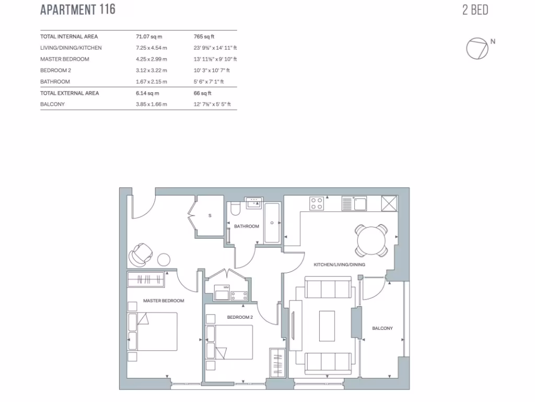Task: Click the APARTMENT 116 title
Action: tap(78, 9)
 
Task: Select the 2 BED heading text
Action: tap(475, 10)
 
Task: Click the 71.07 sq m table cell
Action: tap(149, 37)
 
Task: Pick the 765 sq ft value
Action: tap(204, 37)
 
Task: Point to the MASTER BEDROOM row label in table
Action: tap(65, 59)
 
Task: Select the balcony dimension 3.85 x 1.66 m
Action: tap(152, 104)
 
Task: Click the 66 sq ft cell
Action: tap(202, 93)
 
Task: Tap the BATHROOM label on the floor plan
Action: tap(246, 226)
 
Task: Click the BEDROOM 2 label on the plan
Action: tap(240, 317)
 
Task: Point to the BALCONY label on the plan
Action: tap(382, 328)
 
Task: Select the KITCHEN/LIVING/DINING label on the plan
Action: tap(339, 265)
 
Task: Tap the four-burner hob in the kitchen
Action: tap(317, 203)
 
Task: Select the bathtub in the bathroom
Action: tap(272, 224)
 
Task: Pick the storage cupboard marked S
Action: tap(210, 216)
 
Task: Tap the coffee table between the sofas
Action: tap(328, 326)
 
